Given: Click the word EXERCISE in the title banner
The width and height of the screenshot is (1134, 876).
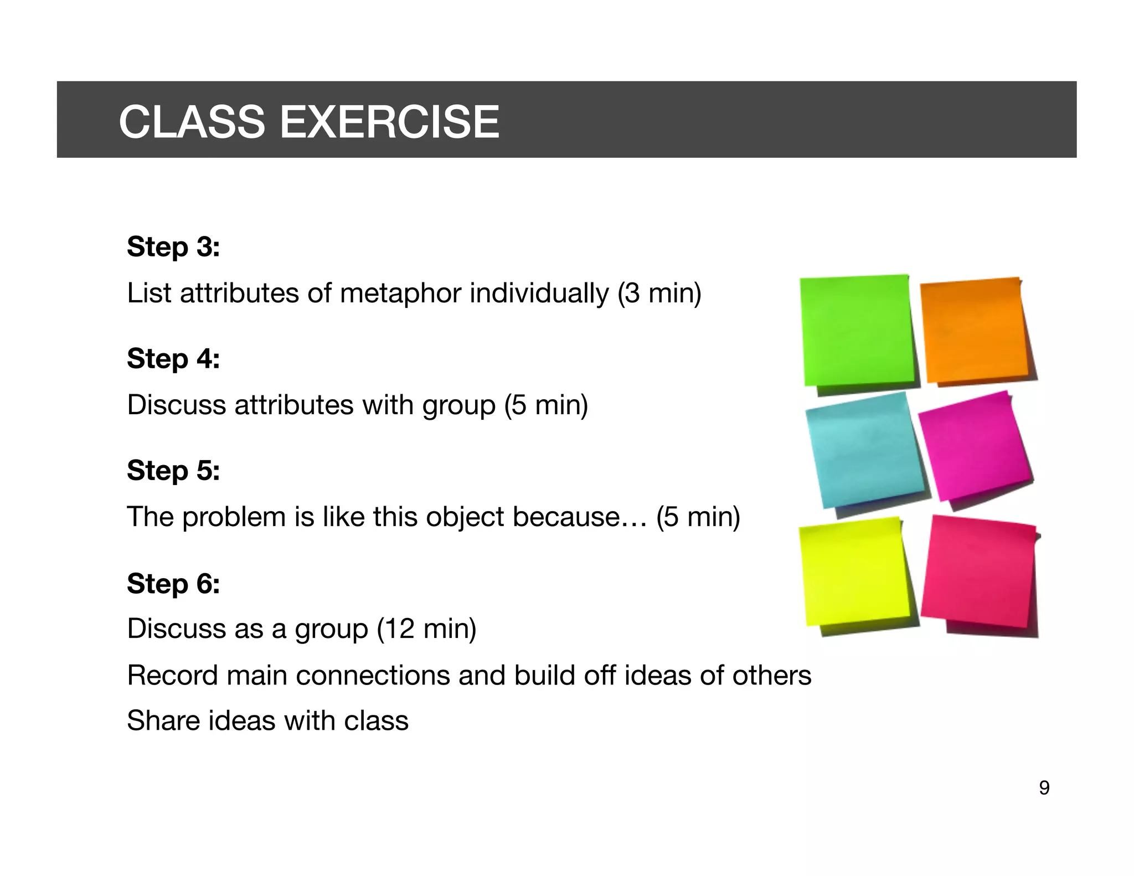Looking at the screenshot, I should [x=389, y=122].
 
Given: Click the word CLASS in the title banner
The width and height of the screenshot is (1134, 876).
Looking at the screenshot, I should [x=192, y=122].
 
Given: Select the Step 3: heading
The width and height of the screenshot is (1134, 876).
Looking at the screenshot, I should [x=173, y=247].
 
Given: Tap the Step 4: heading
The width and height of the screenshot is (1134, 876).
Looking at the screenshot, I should [x=173, y=359].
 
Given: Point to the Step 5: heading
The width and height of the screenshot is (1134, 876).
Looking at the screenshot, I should [x=173, y=471].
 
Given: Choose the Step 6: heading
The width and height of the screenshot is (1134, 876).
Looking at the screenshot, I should [x=173, y=584].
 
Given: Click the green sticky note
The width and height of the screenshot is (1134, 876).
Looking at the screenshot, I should [x=856, y=331].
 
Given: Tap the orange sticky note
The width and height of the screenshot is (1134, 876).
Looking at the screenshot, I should [x=975, y=331].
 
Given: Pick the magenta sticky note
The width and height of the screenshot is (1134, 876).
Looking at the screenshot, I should [x=975, y=446].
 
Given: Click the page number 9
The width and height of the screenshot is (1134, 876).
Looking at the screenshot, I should [x=1044, y=787].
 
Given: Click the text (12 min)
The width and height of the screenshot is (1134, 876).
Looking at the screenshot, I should [x=426, y=629].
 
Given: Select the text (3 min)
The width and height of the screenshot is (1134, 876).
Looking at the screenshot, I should [x=659, y=293].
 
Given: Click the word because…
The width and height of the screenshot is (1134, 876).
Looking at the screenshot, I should [x=579, y=517].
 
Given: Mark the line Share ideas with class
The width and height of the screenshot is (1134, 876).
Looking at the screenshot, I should [x=267, y=721].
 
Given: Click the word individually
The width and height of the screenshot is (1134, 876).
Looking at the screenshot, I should [x=539, y=293].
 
